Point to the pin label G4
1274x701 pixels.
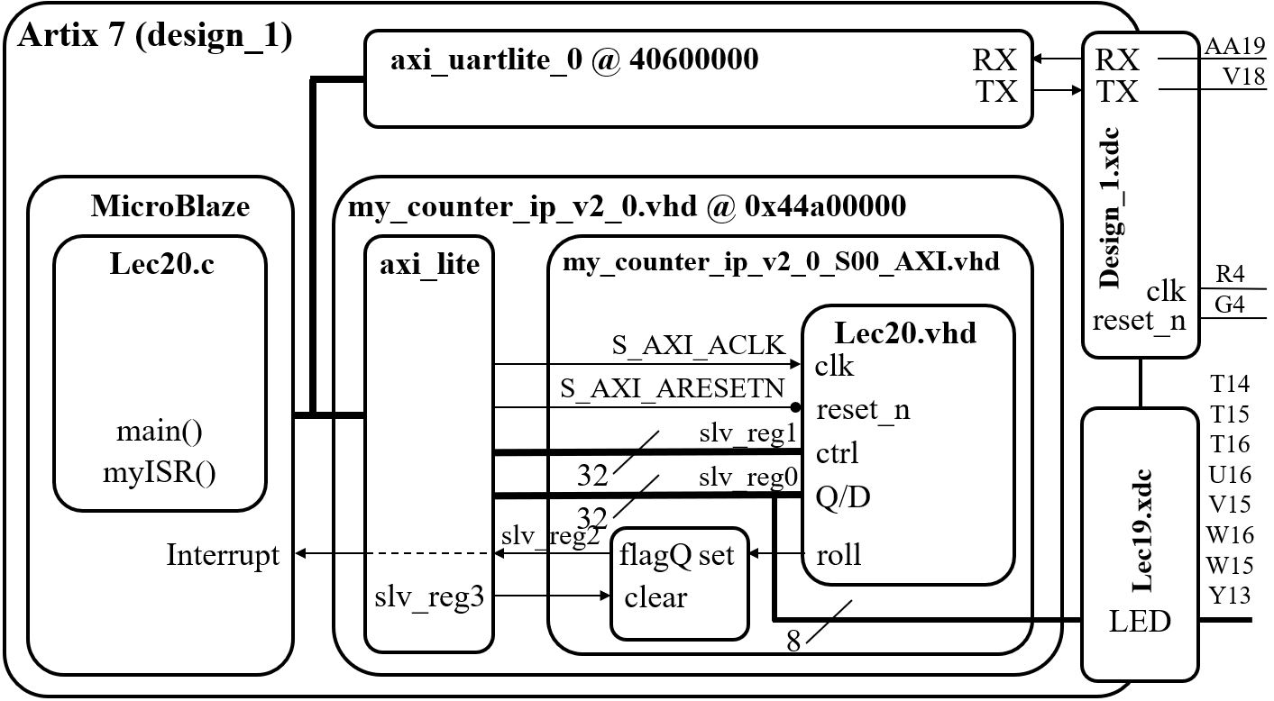pyautogui.click(x=1229, y=305)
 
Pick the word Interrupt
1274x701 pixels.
pyautogui.click(x=223, y=555)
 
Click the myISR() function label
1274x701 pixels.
pyautogui.click(x=160, y=471)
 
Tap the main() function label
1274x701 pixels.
pyautogui.click(x=160, y=432)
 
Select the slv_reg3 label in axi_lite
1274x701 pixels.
pyautogui.click(x=429, y=597)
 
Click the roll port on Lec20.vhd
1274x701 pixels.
pyautogui.click(x=839, y=554)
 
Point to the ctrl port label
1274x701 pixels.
pyautogui.click(x=837, y=451)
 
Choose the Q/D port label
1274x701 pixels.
pyautogui.click(x=843, y=496)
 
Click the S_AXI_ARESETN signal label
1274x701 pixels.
pyautogui.click(x=673, y=388)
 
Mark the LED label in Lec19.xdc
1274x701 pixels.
pyautogui.click(x=1140, y=622)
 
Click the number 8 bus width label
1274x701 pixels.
pyautogui.click(x=793, y=641)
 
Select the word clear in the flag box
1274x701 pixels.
pyautogui.click(x=655, y=597)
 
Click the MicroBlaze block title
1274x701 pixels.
pyautogui.click(x=170, y=207)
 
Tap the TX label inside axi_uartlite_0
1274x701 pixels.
pyautogui.click(x=997, y=92)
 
